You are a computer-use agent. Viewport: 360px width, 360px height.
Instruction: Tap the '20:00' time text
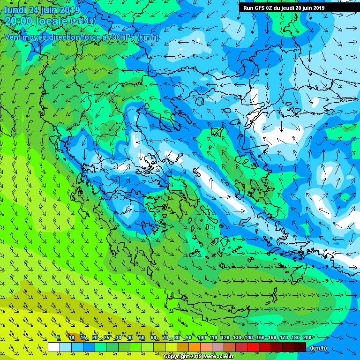[x=17, y=21]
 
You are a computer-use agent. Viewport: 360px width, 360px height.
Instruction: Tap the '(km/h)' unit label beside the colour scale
[x=318, y=348]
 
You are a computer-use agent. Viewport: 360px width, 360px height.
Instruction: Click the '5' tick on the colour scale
[x=59, y=338]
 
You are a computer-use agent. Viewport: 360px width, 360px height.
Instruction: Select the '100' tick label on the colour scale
[x=202, y=338]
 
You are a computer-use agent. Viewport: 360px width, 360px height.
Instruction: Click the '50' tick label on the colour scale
[x=142, y=338]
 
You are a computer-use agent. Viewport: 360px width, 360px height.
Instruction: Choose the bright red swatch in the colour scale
[x=253, y=347]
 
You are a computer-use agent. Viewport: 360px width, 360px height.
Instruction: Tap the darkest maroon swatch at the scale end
[x=300, y=347]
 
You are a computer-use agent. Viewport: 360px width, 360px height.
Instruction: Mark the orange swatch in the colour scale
[x=195, y=347]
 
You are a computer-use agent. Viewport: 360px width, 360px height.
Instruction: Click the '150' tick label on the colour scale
[x=260, y=338]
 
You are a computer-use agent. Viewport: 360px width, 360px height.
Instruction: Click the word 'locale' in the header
[x=52, y=21]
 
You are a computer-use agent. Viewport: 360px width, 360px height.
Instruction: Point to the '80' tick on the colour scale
[x=177, y=338]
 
